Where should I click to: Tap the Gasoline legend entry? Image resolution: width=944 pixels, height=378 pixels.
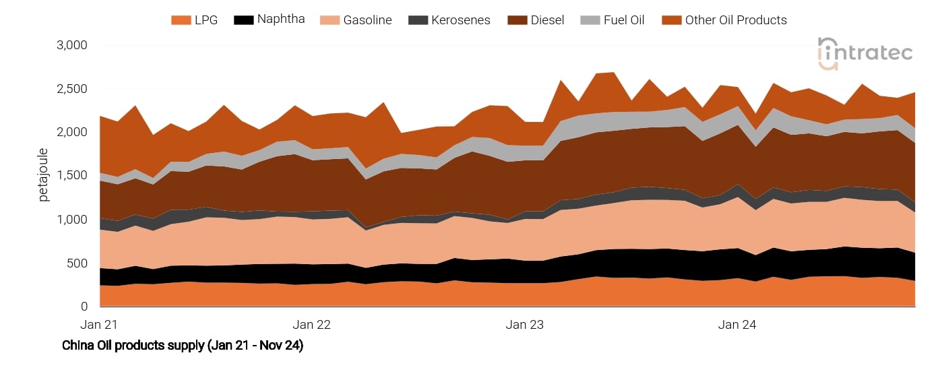point(367,20)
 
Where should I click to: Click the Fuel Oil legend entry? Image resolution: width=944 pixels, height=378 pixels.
point(623,20)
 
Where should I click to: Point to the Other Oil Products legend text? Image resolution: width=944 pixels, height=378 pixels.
point(736,20)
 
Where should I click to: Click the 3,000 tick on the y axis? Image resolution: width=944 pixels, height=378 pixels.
point(73,45)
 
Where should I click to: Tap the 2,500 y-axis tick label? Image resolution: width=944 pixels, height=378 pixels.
point(73,89)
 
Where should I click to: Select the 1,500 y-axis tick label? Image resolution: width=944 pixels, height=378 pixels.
point(73,175)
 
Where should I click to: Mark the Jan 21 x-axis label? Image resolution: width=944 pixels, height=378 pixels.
point(99,325)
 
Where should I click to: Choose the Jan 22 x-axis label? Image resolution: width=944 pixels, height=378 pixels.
point(313,325)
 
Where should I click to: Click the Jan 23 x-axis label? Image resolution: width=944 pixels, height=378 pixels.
point(525,325)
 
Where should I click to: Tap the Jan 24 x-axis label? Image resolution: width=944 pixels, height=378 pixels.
point(737,325)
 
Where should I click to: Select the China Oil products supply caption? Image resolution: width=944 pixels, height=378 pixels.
point(183,346)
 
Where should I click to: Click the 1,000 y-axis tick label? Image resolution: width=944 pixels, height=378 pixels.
point(73,220)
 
